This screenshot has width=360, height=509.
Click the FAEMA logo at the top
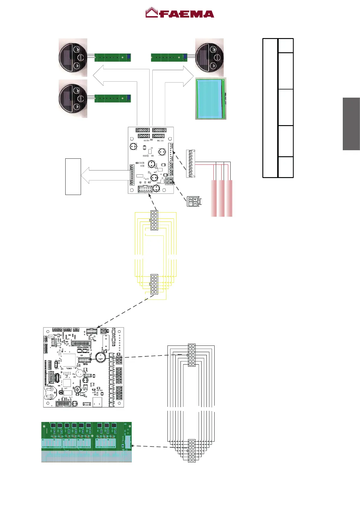[x=180, y=13]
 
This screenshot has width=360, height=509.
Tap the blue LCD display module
[x=210, y=99]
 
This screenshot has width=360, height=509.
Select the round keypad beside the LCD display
[x=210, y=57]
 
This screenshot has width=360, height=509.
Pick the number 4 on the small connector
[x=196, y=199]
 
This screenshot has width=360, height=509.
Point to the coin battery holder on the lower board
[x=50, y=393]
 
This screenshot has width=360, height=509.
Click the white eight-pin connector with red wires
[x=191, y=164]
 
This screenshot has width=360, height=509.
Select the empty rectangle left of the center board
[x=73, y=177]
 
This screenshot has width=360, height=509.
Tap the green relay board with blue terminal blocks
[x=86, y=442]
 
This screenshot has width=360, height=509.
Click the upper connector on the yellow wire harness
[x=154, y=220]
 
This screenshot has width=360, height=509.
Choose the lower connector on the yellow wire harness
[x=154, y=284]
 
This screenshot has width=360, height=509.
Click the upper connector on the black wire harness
[x=192, y=355]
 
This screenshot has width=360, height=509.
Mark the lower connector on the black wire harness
[x=192, y=451]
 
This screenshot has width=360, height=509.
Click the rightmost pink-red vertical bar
[x=229, y=198]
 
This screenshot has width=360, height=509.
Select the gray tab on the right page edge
[x=351, y=124]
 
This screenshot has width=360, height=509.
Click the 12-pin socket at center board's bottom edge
[x=145, y=189]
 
